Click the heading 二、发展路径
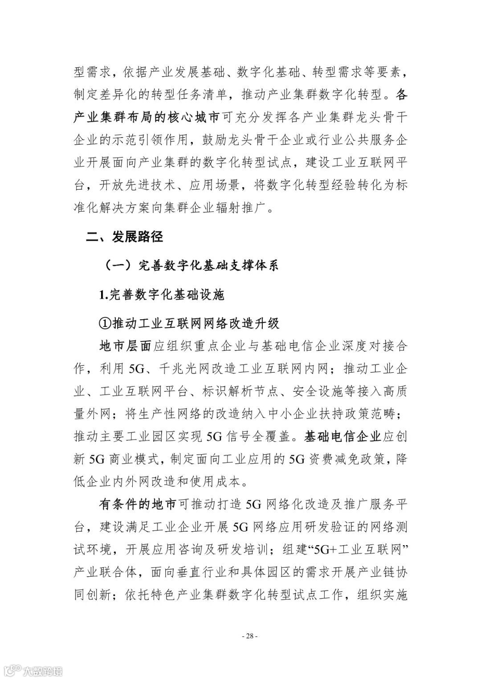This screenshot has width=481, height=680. point(125,237)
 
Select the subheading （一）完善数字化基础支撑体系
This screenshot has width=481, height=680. point(192,266)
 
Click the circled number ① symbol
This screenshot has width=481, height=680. point(106,323)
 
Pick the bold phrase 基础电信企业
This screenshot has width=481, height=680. point(342,436)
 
